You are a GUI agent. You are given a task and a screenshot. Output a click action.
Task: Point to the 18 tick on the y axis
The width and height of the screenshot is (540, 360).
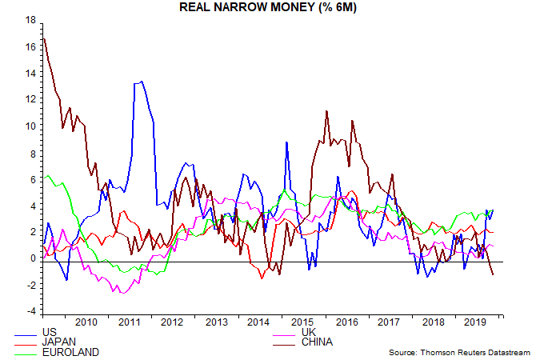click(30, 21)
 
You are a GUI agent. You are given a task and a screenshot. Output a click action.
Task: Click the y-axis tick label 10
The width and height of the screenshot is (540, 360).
click(30, 126)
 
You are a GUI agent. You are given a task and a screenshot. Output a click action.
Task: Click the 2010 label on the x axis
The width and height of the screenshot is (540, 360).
click(86, 322)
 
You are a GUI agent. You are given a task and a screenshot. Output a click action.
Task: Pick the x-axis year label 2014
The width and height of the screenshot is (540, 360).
click(258, 322)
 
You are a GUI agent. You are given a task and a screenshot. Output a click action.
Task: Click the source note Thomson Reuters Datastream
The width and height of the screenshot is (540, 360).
click(462, 352)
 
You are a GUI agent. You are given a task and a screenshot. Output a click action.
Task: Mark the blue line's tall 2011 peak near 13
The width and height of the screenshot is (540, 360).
click(142, 81)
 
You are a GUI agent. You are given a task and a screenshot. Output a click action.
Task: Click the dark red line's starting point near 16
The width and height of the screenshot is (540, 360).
click(43, 38)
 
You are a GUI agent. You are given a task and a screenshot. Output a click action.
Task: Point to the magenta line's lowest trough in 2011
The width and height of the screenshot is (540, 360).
click(122, 293)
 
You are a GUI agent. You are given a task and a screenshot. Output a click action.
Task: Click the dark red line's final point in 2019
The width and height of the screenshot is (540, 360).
click(493, 274)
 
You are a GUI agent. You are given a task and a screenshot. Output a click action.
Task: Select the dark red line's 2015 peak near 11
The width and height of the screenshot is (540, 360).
click(327, 111)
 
